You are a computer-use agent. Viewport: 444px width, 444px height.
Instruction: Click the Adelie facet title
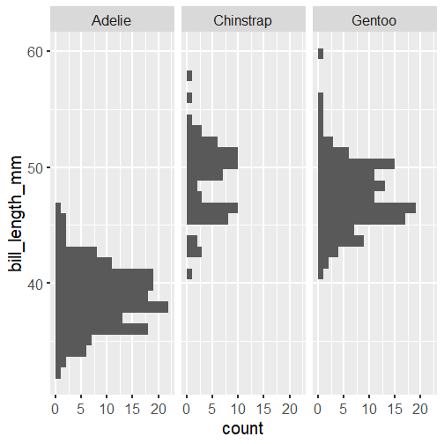point(111,20)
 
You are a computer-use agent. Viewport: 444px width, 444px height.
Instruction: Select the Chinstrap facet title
point(242,20)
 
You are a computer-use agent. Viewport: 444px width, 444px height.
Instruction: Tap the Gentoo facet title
point(374,20)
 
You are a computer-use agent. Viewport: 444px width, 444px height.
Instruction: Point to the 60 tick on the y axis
point(34,52)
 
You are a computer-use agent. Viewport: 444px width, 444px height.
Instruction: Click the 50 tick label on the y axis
point(34,168)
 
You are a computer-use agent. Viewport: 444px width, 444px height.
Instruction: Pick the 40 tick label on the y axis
point(34,284)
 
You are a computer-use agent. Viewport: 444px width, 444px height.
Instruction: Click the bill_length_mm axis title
point(15,214)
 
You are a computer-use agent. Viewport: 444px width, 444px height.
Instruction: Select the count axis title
point(243,428)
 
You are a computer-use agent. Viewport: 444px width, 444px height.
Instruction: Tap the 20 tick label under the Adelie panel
point(159,409)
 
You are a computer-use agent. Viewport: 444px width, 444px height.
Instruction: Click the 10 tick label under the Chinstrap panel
point(238,409)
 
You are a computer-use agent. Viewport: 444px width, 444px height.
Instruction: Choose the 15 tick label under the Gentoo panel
point(395,409)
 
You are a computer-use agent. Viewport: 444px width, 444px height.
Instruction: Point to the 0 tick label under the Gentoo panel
point(318,409)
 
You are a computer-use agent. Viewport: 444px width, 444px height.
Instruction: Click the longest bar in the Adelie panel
point(112,307)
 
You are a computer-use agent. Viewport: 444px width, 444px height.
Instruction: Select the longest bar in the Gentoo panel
point(366,208)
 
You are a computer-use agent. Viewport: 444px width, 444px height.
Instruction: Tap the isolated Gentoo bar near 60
point(321,54)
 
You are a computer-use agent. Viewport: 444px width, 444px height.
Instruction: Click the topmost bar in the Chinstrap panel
point(189,76)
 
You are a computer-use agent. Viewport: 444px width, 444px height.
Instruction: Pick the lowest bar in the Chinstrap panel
point(189,274)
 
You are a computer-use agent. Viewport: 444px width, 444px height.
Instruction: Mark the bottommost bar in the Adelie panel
point(58,373)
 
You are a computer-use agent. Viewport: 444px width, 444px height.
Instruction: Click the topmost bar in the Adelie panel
point(58,208)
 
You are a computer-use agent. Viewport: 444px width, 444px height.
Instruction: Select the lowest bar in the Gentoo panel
point(321,274)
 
